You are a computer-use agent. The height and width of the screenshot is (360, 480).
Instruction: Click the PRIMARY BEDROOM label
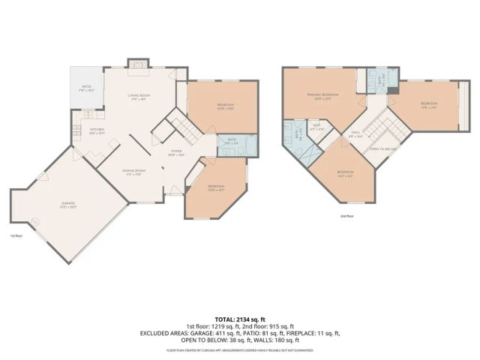[x=322, y=95]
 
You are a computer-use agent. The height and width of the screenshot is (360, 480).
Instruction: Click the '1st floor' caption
[x=16, y=235]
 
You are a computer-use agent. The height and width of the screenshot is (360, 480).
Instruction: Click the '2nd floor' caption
[x=346, y=216]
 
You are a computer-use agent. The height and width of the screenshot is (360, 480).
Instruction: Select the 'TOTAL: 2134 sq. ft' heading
[x=240, y=318]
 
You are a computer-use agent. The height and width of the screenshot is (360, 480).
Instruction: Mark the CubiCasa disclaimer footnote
[x=240, y=350]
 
